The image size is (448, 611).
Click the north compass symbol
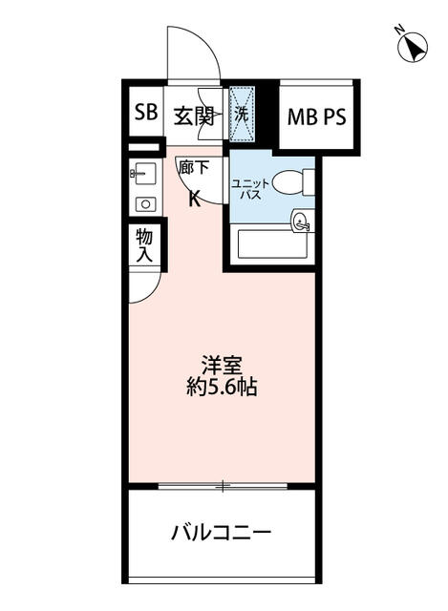point(413,47)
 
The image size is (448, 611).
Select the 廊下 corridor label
point(193,165)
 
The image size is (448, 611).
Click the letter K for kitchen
point(194,199)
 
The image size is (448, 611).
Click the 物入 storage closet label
point(143,244)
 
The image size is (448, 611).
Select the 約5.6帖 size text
point(222,389)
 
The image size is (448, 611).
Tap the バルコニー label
point(222,532)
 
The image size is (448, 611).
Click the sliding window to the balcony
point(222,485)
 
